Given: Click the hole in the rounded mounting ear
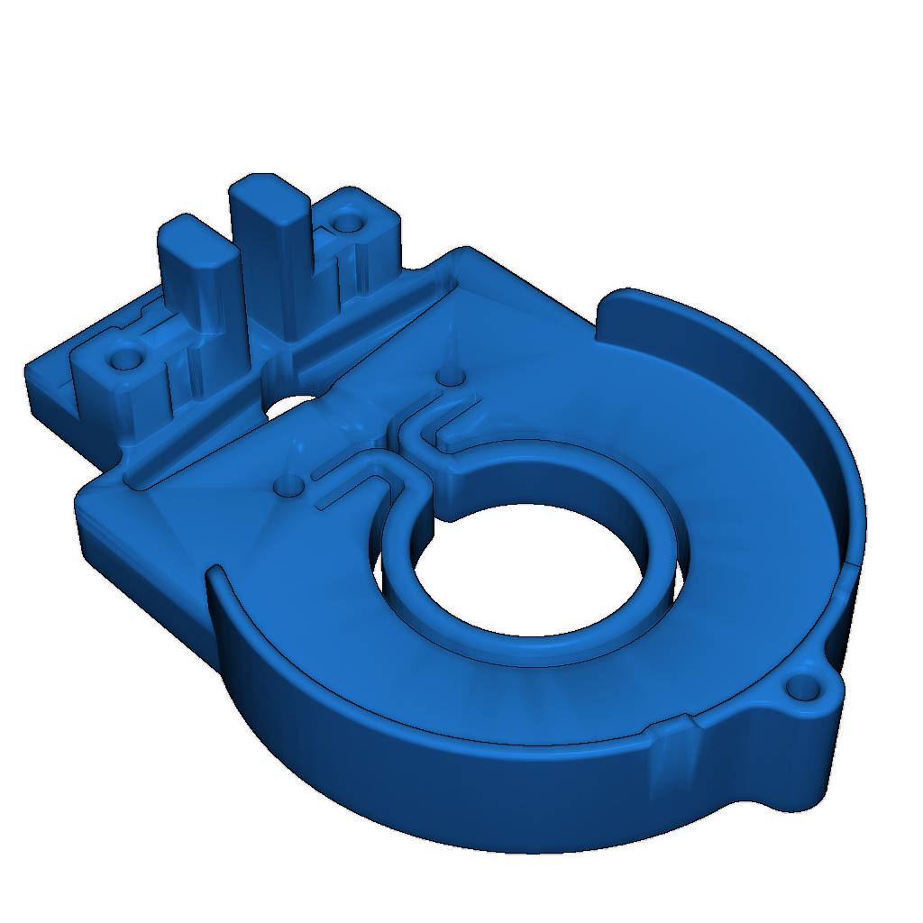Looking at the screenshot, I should coord(800,691).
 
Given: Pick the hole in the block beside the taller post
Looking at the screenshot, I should coord(347,222).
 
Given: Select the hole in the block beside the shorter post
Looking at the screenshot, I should coord(122,360).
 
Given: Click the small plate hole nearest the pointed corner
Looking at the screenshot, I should coord(449,374).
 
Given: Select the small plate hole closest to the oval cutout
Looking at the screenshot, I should coord(289,487).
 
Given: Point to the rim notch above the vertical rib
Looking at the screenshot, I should coord(672,726).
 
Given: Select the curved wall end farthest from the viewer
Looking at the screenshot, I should coord(613,311).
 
